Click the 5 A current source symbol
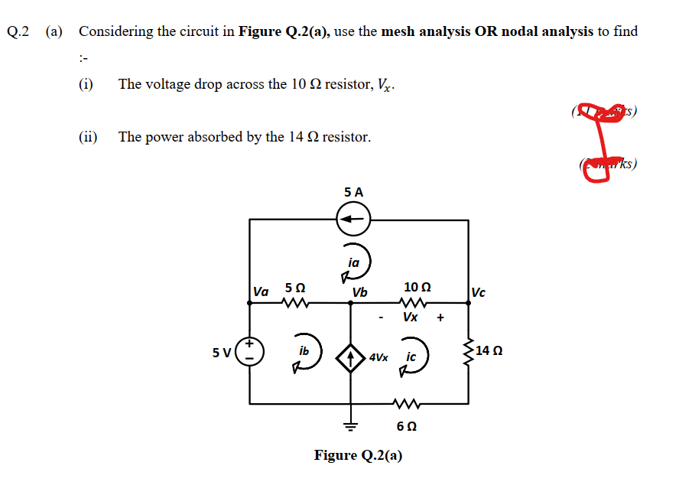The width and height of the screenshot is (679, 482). tap(353, 220)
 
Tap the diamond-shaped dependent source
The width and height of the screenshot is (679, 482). tap(351, 357)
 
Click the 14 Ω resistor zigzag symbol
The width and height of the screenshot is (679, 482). tap(468, 351)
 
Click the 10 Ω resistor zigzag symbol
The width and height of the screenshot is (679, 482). tap(416, 304)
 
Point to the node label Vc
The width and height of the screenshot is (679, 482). tap(479, 291)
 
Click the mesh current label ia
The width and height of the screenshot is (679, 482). tap(353, 262)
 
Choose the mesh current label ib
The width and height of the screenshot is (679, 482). tap(304, 351)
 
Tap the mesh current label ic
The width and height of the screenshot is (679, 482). tap(411, 357)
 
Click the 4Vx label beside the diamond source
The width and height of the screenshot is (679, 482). tap(378, 357)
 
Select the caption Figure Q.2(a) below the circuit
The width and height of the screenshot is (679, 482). tap(358, 455)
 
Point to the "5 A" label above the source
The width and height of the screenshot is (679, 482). tap(353, 191)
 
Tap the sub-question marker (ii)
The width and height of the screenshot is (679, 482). tap(89, 137)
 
